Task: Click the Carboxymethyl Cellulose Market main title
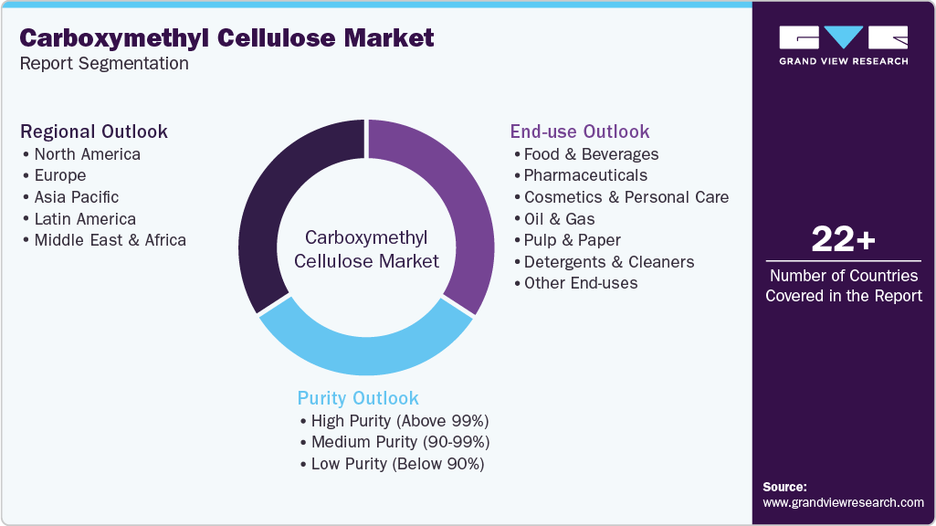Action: click(x=226, y=38)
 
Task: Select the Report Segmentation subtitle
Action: click(x=104, y=64)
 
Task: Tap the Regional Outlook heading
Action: click(x=94, y=131)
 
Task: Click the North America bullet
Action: click(x=87, y=154)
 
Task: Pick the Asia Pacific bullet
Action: click(x=77, y=197)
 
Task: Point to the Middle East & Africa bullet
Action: click(x=110, y=241)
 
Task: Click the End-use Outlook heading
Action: click(x=580, y=131)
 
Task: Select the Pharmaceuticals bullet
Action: click(x=585, y=175)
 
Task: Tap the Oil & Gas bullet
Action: click(x=559, y=219)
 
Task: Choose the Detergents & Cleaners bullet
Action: click(x=609, y=262)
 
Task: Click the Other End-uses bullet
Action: click(x=581, y=283)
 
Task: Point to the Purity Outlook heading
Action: click(x=358, y=398)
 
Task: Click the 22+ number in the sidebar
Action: click(x=844, y=239)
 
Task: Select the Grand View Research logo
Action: click(x=844, y=45)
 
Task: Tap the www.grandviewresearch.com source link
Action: click(x=843, y=502)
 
